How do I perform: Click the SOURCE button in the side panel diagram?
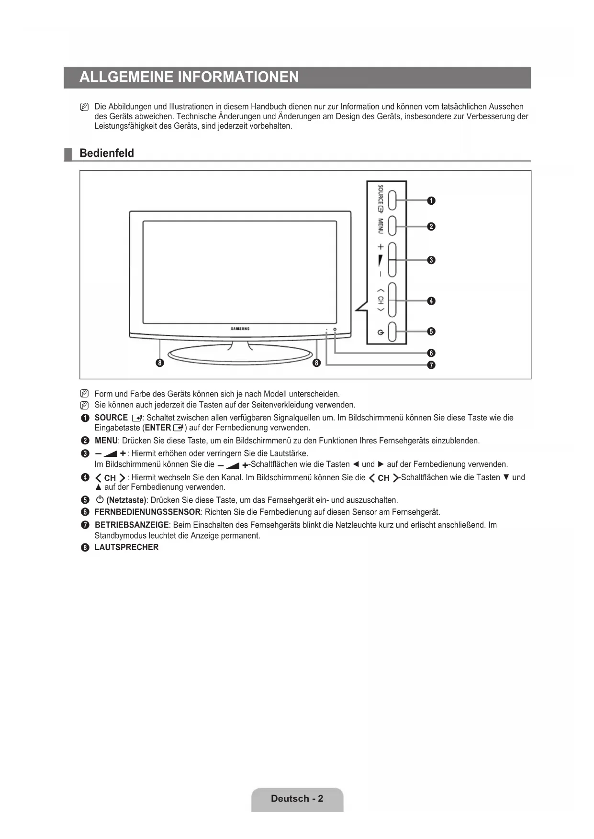click(392, 200)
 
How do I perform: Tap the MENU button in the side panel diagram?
click(392, 226)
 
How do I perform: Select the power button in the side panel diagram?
click(392, 332)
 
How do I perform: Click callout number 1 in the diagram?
click(431, 201)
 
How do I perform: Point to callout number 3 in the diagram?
click(431, 260)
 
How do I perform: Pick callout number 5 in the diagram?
click(431, 331)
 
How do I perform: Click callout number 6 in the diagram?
click(431, 353)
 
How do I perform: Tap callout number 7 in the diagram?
click(431, 365)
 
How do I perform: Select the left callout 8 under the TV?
click(160, 363)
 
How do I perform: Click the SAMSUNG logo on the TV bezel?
click(240, 329)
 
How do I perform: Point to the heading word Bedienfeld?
click(107, 154)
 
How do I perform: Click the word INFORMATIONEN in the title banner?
click(238, 77)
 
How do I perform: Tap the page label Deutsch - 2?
click(297, 798)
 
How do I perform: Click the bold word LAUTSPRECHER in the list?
click(126, 547)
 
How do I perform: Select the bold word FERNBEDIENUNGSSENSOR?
click(147, 512)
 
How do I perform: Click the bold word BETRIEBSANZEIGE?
click(132, 525)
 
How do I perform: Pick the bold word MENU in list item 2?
click(106, 441)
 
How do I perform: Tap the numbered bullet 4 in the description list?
click(85, 477)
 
